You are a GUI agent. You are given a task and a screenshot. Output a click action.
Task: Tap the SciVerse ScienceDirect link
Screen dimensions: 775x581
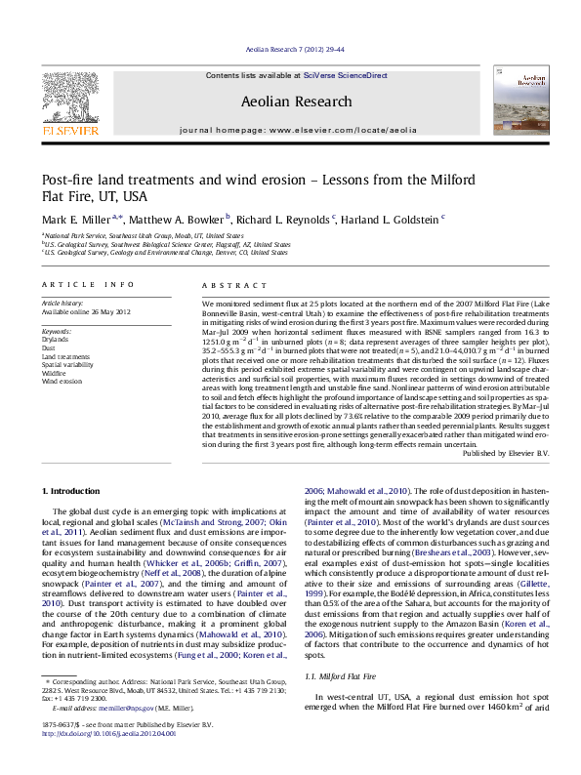pyautogui.click(x=346, y=75)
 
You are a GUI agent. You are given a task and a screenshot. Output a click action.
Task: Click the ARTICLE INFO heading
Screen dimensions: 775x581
pyautogui.click(x=88, y=284)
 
